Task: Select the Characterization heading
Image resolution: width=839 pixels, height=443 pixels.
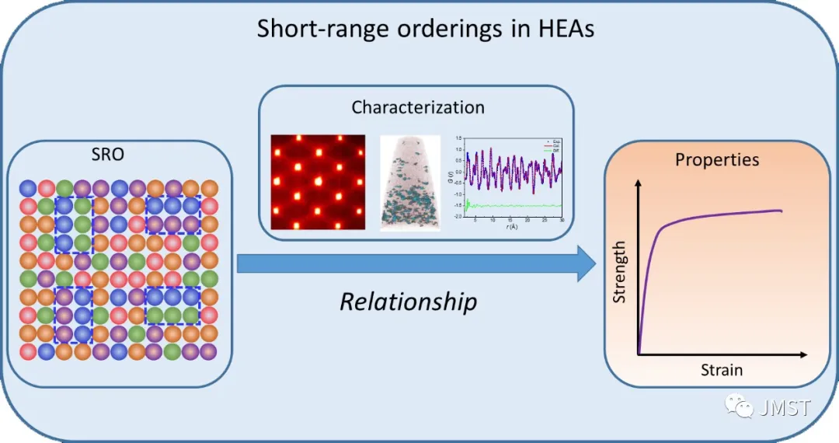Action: pyautogui.click(x=417, y=107)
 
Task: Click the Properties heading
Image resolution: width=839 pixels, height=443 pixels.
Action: pyautogui.click(x=717, y=160)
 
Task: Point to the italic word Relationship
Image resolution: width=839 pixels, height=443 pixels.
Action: pyautogui.click(x=408, y=301)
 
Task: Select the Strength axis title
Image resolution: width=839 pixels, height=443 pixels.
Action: pyautogui.click(x=620, y=272)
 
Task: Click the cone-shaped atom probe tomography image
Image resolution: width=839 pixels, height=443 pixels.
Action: pyautogui.click(x=410, y=183)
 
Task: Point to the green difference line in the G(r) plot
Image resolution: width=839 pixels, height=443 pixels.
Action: pyautogui.click(x=513, y=205)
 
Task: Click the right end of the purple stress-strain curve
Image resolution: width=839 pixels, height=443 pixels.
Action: pyautogui.click(x=780, y=211)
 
